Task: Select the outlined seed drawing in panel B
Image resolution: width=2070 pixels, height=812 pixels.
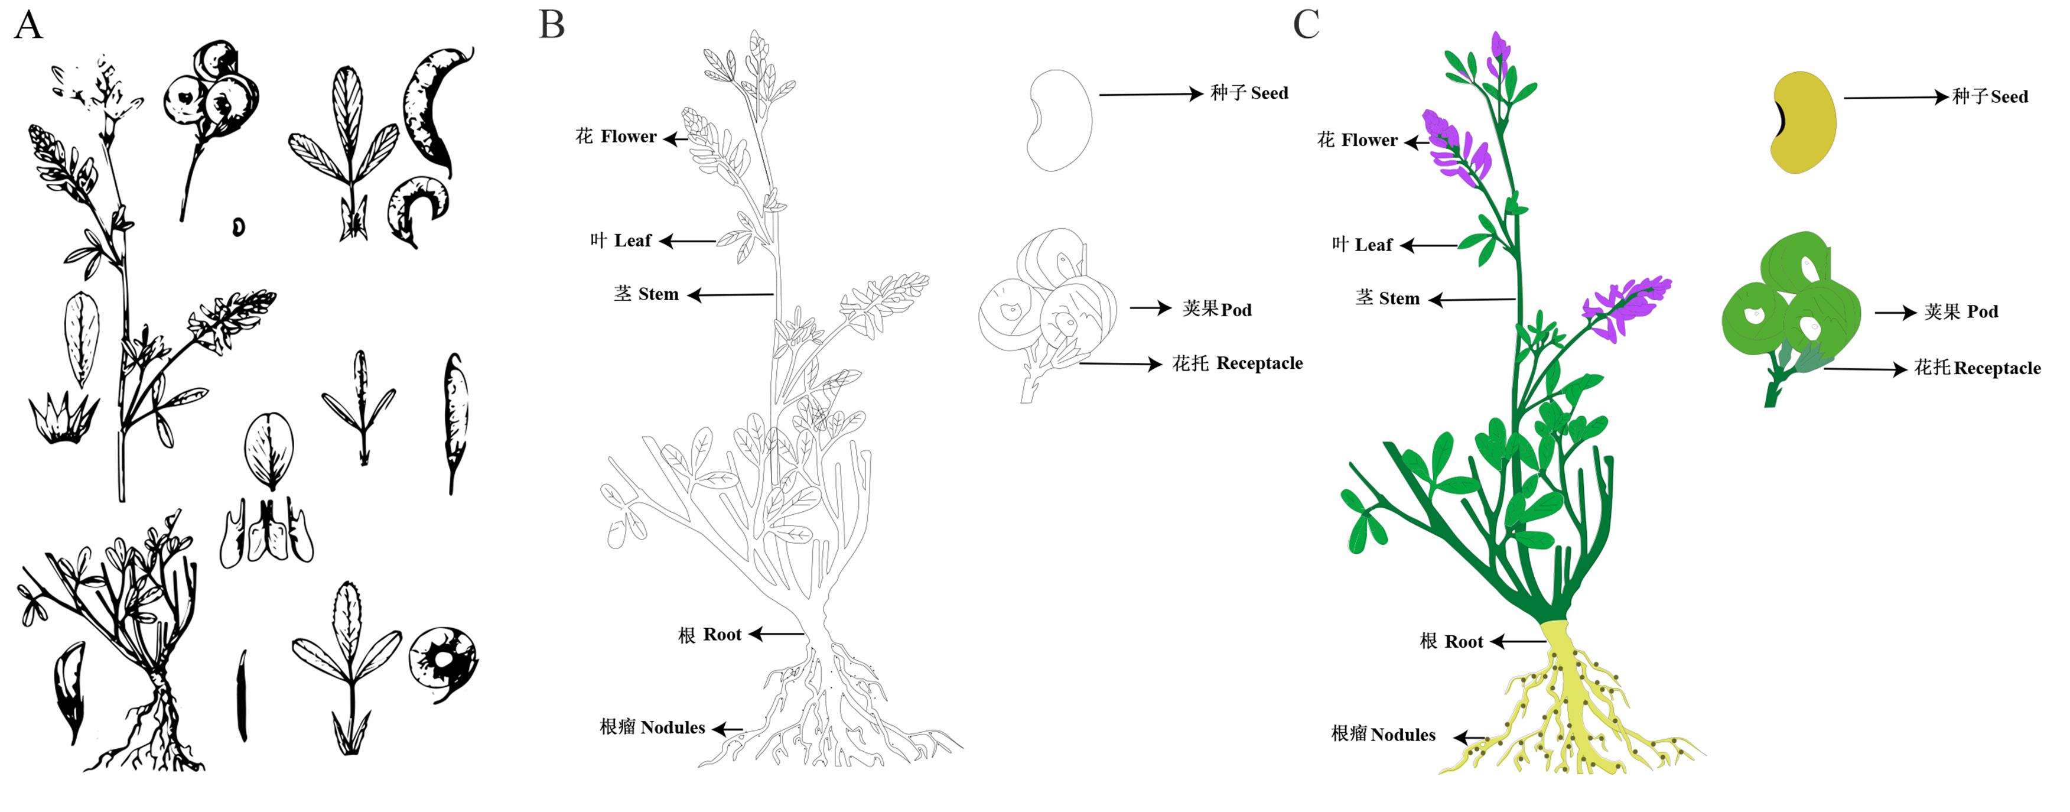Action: pyautogui.click(x=1059, y=120)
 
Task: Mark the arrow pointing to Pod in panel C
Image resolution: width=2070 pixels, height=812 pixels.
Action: pyautogui.click(x=1895, y=313)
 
